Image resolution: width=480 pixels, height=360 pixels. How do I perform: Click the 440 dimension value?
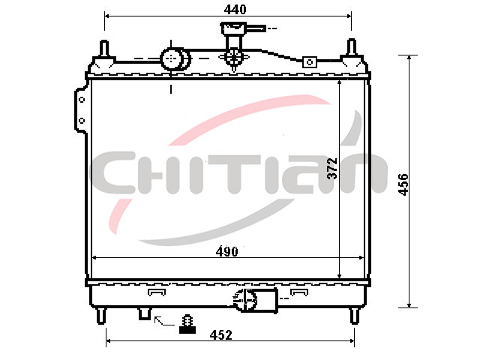(x=235, y=10)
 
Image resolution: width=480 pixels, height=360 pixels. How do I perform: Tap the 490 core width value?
(x=226, y=252)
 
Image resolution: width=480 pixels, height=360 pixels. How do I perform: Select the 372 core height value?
(x=332, y=168)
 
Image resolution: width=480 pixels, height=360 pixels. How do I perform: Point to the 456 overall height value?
(x=403, y=184)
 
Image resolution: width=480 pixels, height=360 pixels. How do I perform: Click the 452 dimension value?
(x=220, y=335)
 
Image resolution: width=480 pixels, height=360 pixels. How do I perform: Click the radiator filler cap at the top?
(x=234, y=28)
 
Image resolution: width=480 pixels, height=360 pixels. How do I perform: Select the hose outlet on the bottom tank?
(x=256, y=300)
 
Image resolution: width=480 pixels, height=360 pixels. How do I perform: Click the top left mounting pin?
(x=105, y=48)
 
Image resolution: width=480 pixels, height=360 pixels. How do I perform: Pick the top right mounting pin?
(x=352, y=47)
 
